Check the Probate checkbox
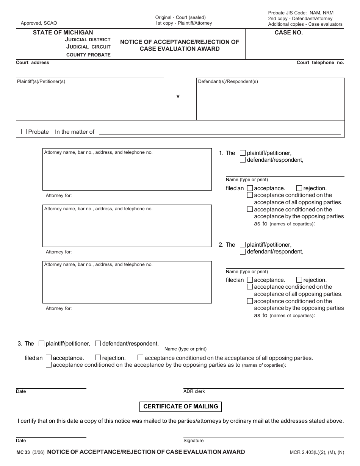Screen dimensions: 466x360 (x=24, y=132)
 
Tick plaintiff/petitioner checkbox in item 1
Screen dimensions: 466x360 (x=243, y=153)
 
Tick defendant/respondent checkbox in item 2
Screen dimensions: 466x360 (x=243, y=252)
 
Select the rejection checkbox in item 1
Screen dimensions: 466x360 (x=299, y=188)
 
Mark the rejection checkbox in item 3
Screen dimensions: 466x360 (x=98, y=357)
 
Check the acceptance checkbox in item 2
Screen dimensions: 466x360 (x=250, y=280)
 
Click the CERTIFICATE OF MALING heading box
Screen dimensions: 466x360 (x=180, y=407)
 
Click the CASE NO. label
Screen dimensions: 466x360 (x=288, y=33)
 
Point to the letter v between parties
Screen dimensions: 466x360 (x=178, y=96)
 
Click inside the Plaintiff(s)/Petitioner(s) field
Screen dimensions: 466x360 (x=90, y=100)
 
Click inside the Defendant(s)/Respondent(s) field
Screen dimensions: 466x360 (x=270, y=100)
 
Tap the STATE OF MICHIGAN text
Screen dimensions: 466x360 (x=63, y=33)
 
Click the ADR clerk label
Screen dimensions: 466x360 (x=194, y=391)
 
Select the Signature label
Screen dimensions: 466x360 (x=193, y=441)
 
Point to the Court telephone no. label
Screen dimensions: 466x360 (x=320, y=63)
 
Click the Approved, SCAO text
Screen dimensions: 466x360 (x=39, y=23)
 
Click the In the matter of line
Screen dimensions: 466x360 (x=219, y=132)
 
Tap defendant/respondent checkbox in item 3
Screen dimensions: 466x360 (x=98, y=343)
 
